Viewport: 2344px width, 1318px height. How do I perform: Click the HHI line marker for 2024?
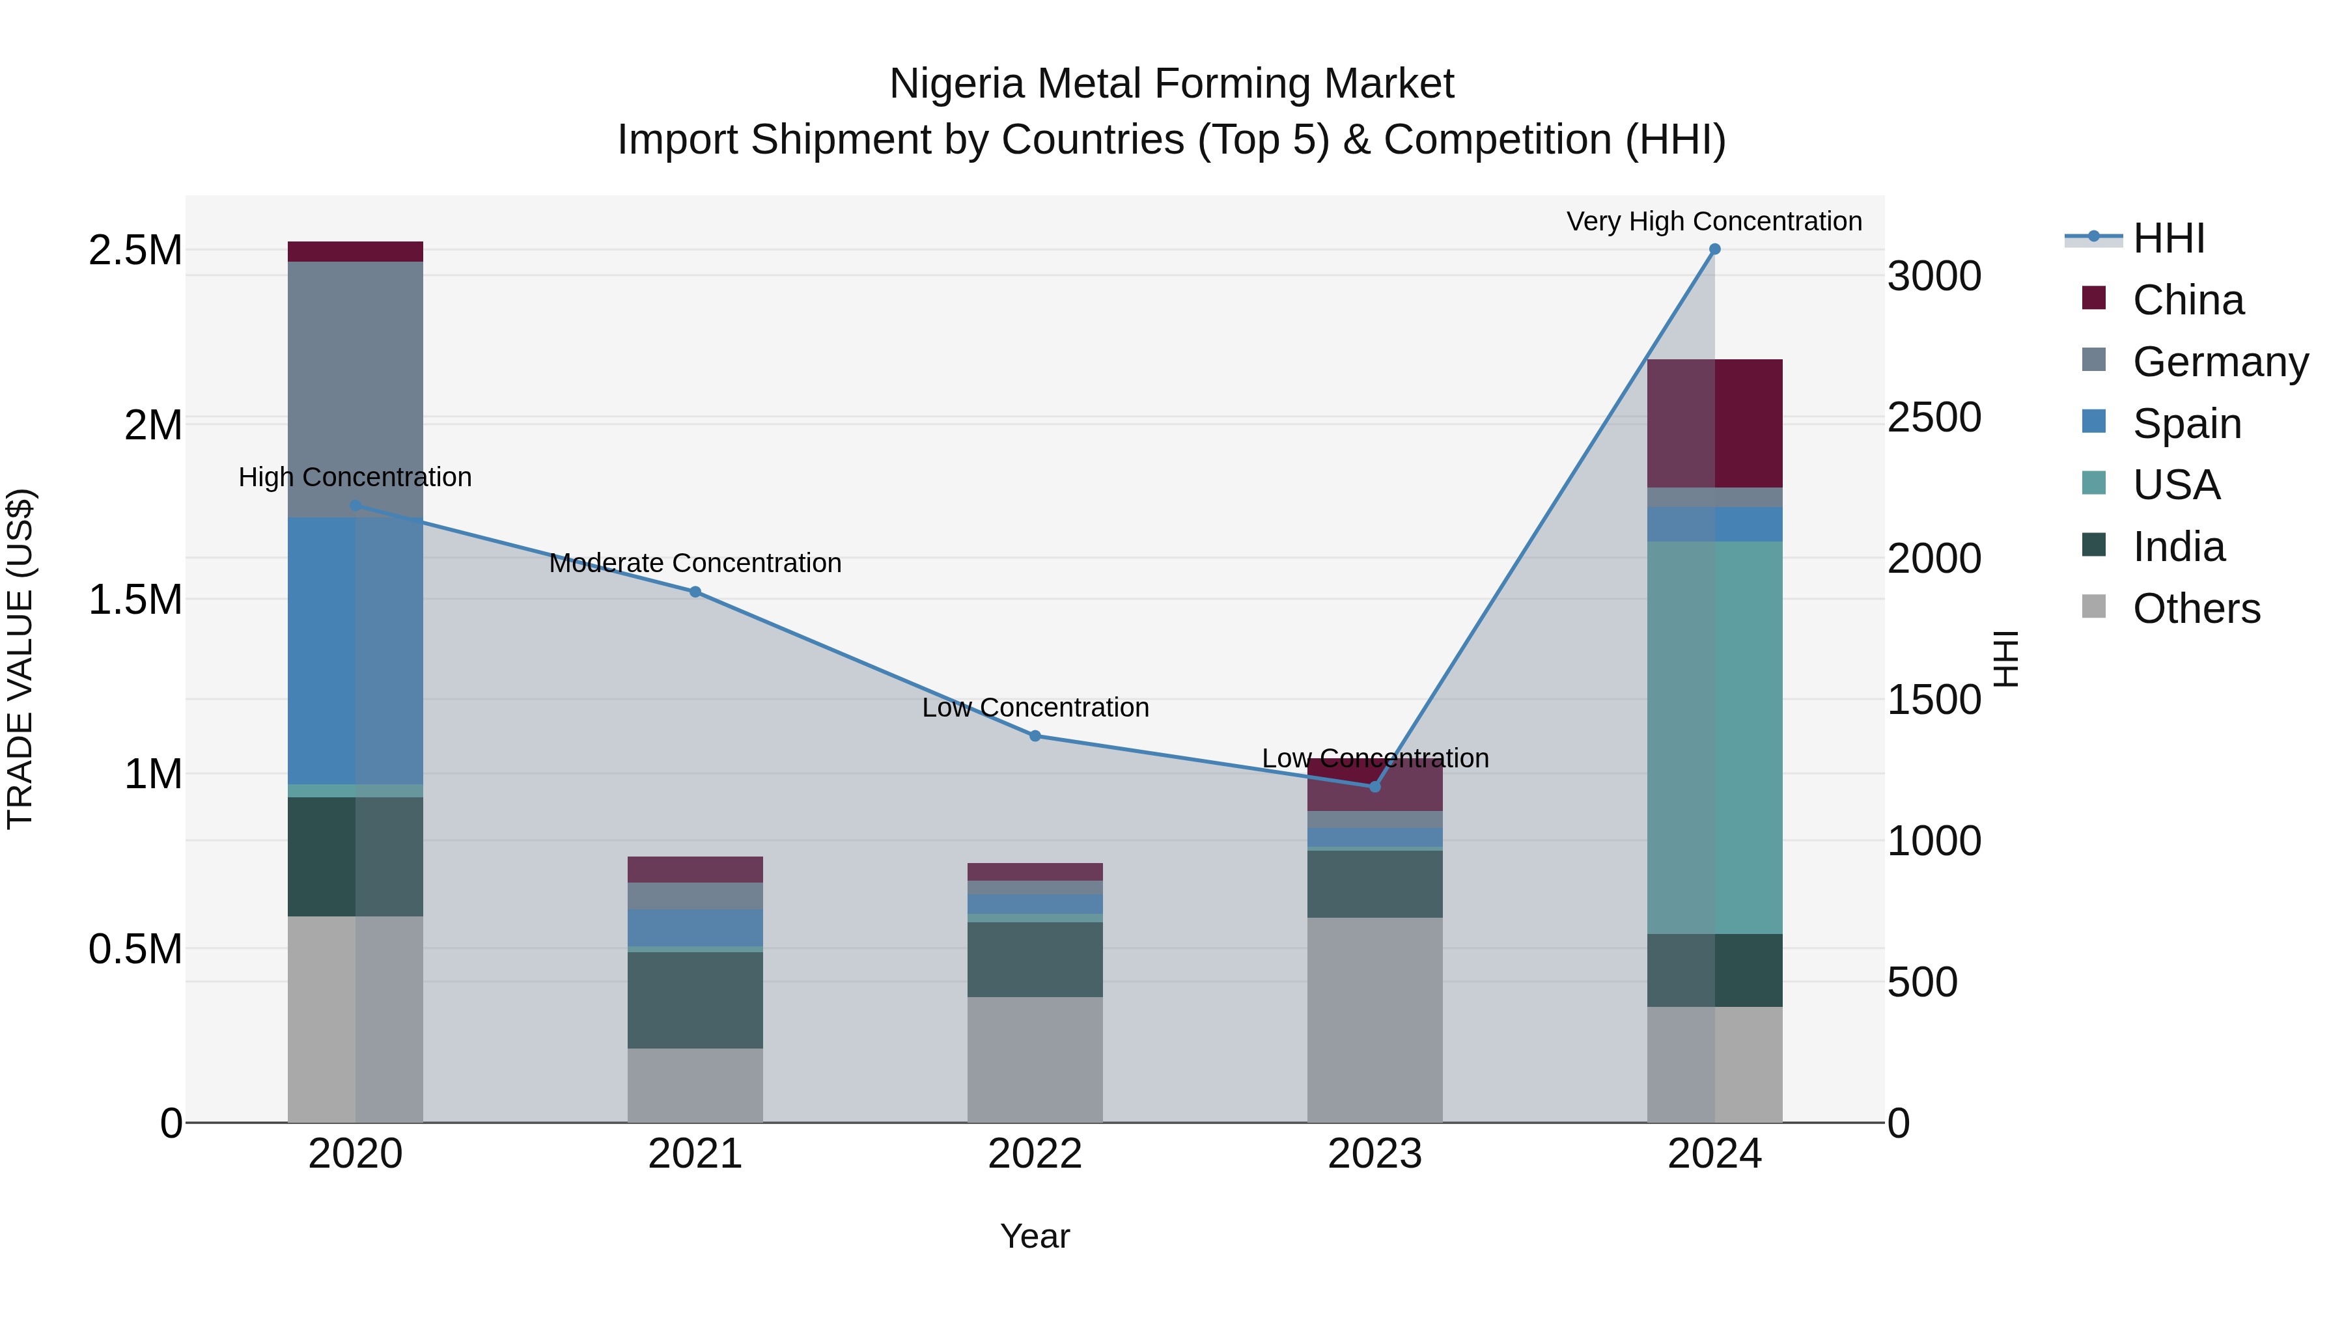click(1714, 249)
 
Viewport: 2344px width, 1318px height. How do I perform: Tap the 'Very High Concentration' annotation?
click(1714, 221)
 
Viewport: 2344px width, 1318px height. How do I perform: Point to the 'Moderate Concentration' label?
click(695, 563)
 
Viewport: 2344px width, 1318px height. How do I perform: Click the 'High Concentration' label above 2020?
click(355, 476)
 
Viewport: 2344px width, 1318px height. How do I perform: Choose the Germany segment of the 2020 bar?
click(355, 382)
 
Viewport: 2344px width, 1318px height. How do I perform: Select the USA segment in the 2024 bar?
click(1714, 737)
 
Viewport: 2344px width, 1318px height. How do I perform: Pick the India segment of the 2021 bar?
click(695, 1000)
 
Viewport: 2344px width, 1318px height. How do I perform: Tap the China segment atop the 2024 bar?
click(1714, 423)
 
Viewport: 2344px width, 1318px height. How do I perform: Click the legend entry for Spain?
click(2186, 424)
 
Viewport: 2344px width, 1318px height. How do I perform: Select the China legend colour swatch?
click(2094, 298)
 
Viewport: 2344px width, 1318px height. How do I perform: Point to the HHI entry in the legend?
click(2168, 238)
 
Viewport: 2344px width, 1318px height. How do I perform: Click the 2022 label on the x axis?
click(1035, 1154)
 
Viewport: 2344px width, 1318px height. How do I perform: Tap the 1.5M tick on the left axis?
click(135, 599)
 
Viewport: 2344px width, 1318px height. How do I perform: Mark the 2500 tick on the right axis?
click(1934, 417)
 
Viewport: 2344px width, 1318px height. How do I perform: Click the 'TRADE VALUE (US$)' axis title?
click(20, 659)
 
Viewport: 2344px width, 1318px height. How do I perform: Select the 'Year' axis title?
click(1035, 1236)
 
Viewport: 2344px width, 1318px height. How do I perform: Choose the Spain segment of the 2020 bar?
click(355, 650)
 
